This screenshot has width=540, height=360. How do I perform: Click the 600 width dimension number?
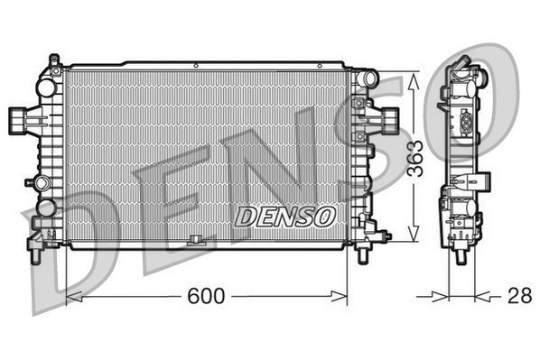[206, 295]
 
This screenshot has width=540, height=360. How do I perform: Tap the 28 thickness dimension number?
[518, 295]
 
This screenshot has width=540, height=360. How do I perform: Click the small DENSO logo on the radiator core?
[285, 217]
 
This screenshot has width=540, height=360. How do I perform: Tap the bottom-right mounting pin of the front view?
[363, 254]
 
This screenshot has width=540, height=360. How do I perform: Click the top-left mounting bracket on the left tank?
[54, 63]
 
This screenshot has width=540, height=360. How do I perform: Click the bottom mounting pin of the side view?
[461, 254]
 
